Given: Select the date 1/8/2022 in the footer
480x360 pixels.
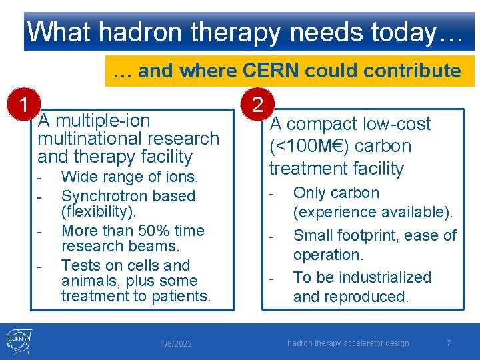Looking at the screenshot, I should click(176, 344).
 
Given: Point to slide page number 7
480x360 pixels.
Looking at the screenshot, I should click(449, 343).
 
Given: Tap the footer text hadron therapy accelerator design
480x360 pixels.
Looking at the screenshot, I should click(348, 343).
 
